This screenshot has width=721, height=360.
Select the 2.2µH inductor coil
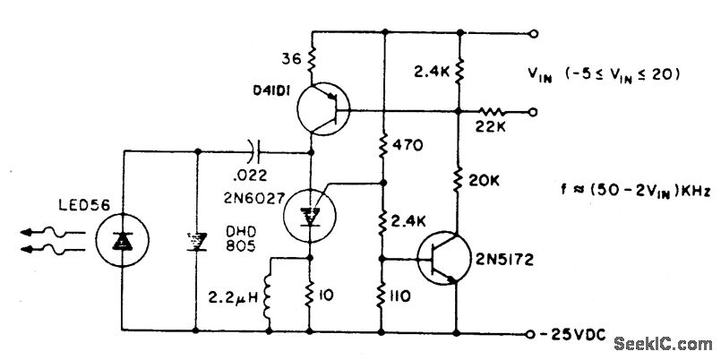click(x=270, y=292)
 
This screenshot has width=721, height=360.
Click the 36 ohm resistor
click(x=312, y=59)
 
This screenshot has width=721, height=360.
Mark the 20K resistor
click(x=459, y=181)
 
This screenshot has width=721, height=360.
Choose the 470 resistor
click(x=383, y=142)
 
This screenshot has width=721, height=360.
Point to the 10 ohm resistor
click(x=312, y=294)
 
